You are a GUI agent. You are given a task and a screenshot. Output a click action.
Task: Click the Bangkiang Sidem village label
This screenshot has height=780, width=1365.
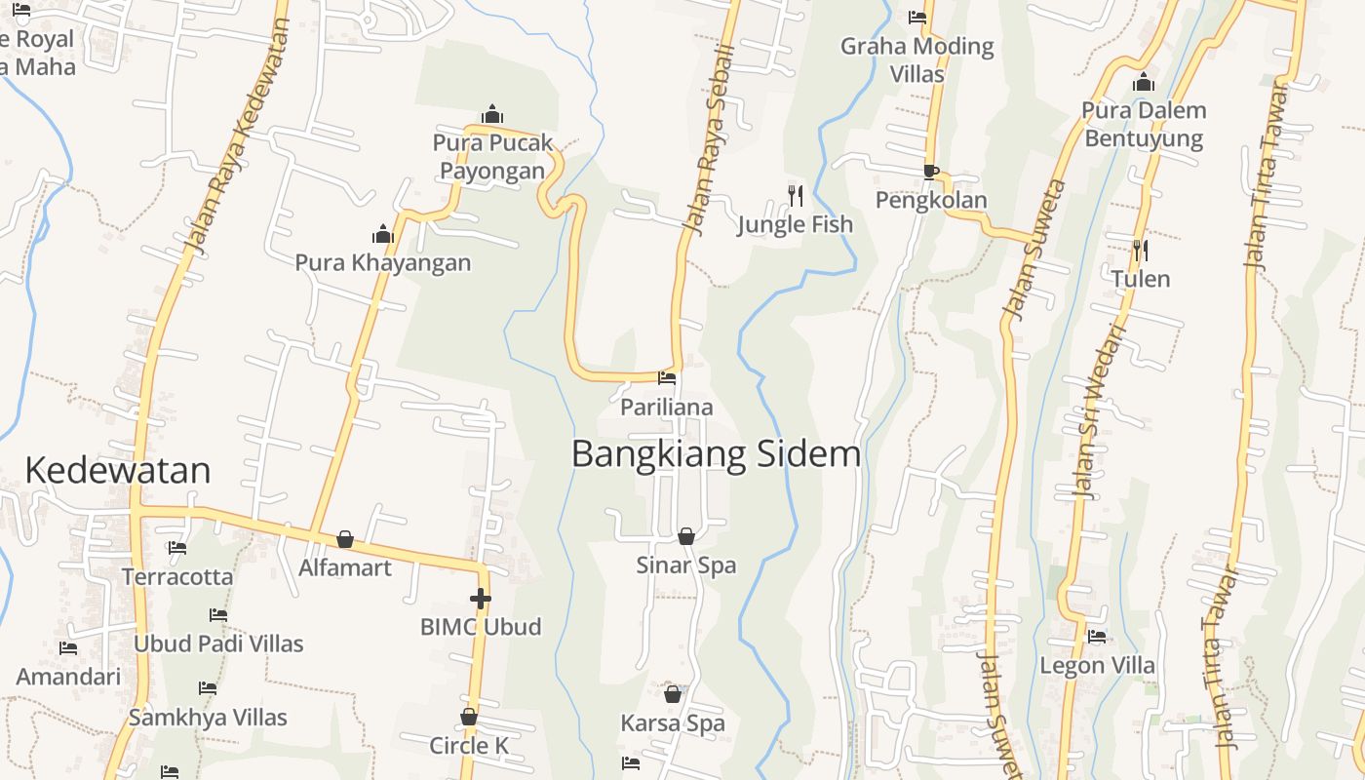tap(716, 454)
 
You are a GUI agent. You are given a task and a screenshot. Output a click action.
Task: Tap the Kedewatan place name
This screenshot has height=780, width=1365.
tap(117, 470)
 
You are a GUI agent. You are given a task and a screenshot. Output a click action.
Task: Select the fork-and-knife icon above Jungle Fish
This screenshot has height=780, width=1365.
tap(796, 196)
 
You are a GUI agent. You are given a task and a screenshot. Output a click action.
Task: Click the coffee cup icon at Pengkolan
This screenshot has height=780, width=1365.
tap(931, 173)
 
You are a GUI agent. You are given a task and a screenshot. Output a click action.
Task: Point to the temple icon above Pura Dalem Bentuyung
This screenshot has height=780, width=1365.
tap(1144, 82)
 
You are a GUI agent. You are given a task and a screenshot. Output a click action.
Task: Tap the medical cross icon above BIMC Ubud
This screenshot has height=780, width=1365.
tap(480, 599)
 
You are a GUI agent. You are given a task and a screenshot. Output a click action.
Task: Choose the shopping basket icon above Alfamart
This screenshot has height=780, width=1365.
tap(344, 539)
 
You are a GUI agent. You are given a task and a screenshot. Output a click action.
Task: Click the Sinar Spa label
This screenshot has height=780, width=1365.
tap(685, 565)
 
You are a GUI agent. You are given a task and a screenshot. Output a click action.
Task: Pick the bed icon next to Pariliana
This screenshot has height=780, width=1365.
tap(667, 378)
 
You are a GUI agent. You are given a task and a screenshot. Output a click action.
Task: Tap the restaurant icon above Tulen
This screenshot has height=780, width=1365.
tap(1140, 251)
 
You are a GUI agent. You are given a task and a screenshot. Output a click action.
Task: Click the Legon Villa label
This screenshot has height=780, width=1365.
tap(1097, 666)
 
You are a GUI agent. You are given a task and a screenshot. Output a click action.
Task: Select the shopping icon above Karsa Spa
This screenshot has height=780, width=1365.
tap(672, 694)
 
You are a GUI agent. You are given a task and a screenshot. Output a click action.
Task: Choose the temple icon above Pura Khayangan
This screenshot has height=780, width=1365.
tap(382, 234)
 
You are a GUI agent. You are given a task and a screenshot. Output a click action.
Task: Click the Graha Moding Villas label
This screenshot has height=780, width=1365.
tap(916, 59)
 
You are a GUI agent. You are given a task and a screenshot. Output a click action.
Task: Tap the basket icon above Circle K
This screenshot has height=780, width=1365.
tap(469, 717)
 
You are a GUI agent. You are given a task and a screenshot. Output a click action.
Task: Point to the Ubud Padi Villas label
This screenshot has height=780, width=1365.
tap(218, 643)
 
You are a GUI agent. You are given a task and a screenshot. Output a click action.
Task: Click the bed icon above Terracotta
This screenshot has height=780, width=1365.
tap(176, 548)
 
